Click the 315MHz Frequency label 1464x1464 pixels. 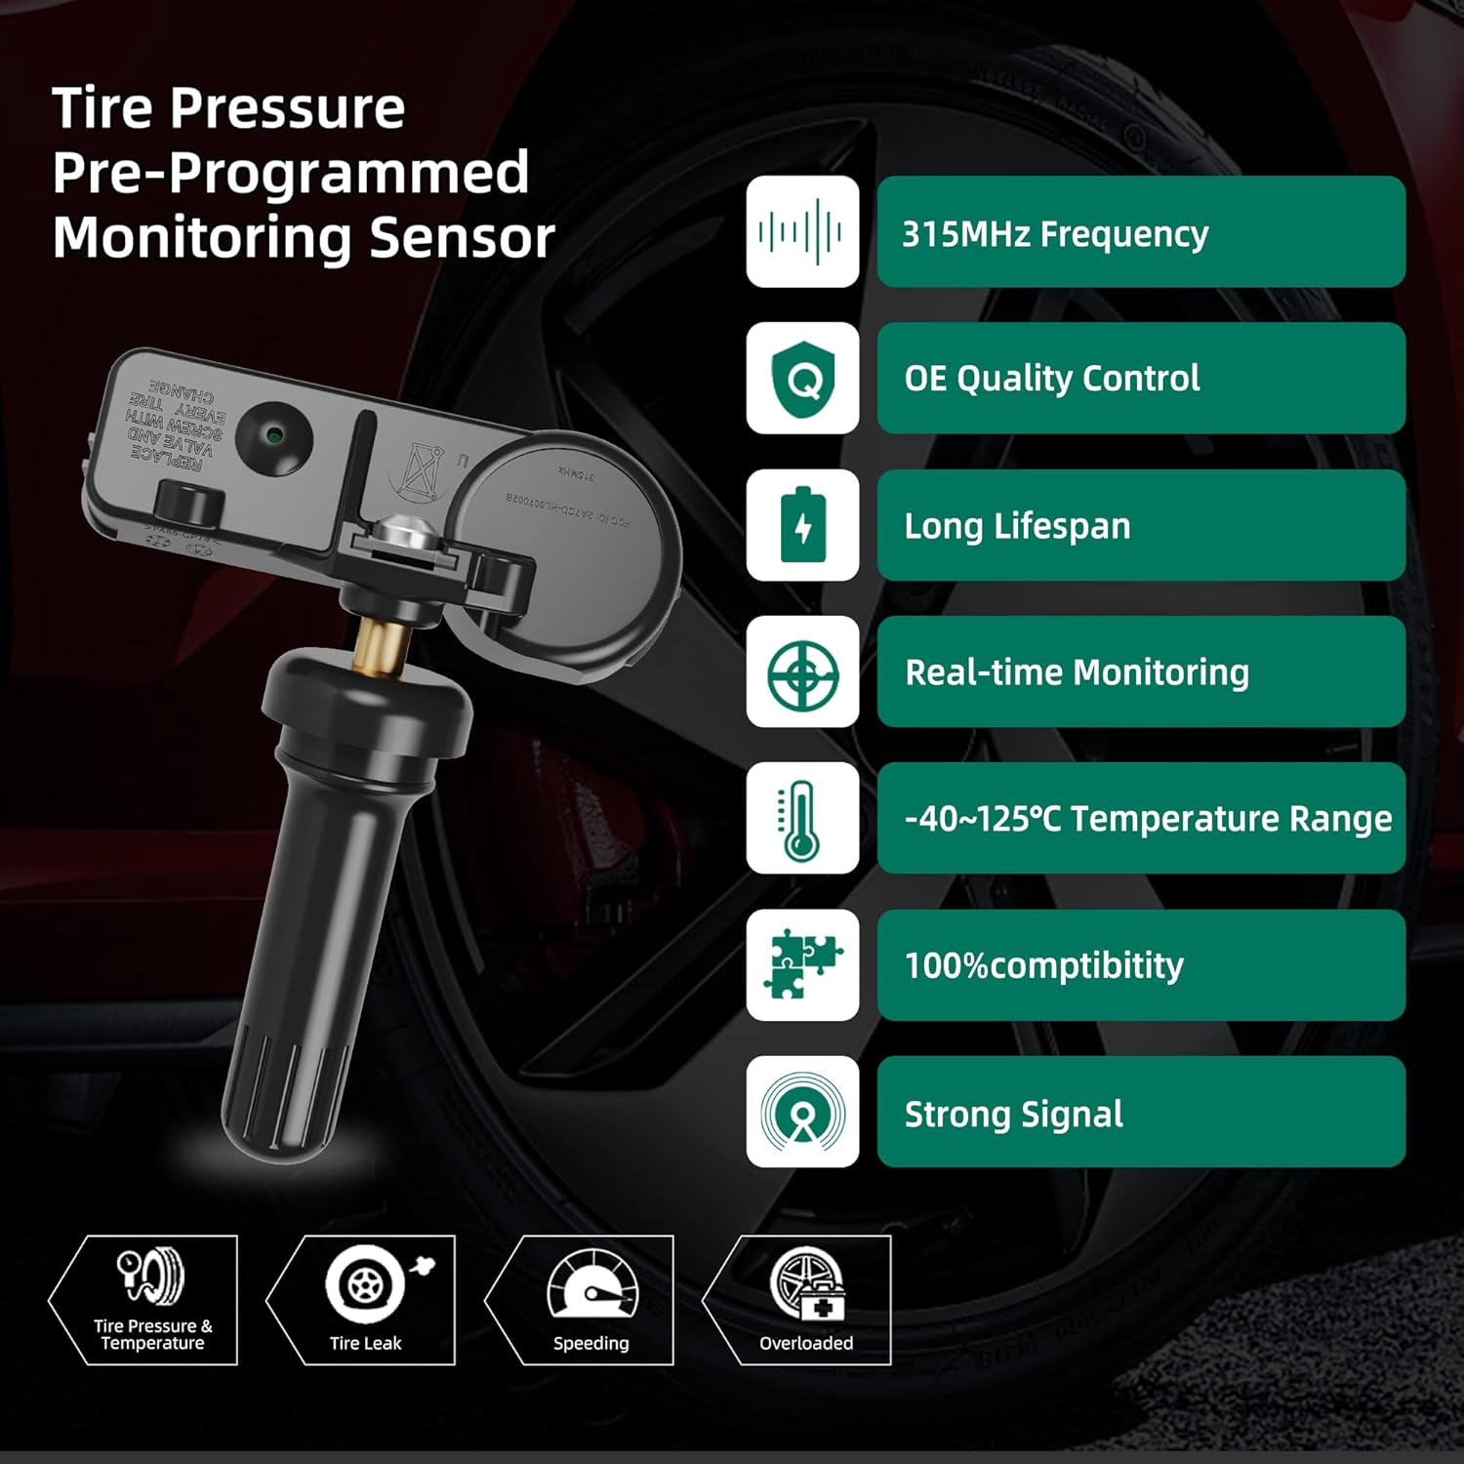point(1054,234)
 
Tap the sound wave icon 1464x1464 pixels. point(802,232)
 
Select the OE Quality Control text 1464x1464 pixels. point(1051,379)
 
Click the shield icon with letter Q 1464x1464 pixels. point(802,380)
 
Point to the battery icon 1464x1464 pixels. point(802,526)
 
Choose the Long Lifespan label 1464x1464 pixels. point(1017,526)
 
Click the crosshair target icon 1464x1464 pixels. point(802,672)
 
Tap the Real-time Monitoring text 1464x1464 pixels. point(1077,672)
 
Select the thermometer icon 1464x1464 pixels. point(802,819)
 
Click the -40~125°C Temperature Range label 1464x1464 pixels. point(1148,819)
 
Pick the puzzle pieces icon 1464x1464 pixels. point(802,965)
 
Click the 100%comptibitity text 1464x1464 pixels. point(1043,965)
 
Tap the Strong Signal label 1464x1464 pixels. point(1013,1114)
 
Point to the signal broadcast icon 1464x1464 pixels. point(802,1112)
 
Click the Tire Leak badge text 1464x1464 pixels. point(365,1344)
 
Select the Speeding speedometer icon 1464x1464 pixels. point(592,1283)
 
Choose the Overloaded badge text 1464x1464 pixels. point(806,1344)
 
